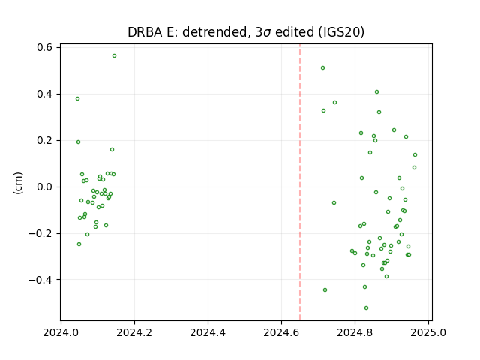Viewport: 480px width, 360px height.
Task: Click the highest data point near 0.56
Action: (114, 56)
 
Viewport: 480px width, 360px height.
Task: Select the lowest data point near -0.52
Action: (366, 308)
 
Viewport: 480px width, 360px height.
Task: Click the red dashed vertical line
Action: (300, 182)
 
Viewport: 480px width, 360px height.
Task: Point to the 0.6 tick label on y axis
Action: (45, 47)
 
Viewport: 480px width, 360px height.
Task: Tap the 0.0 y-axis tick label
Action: (45, 187)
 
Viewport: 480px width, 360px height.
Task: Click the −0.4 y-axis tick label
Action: (40, 280)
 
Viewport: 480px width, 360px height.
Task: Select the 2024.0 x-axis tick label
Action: (61, 332)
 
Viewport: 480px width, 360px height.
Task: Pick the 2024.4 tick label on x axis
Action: (208, 332)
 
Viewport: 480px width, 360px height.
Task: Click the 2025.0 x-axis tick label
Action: (428, 332)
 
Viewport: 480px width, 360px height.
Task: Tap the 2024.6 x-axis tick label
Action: (281, 332)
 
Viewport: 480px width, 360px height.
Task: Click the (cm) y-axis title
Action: (18, 183)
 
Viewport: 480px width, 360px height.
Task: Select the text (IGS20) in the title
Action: (341, 32)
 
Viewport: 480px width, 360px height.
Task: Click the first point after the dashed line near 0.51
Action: (322, 68)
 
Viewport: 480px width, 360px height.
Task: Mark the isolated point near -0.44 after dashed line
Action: (325, 290)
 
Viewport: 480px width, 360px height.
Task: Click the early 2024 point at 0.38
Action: (78, 98)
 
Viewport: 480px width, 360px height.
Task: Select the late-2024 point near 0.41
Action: (376, 91)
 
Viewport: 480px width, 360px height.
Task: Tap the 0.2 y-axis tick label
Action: (45, 140)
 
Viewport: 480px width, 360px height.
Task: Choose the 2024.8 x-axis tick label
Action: (355, 332)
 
